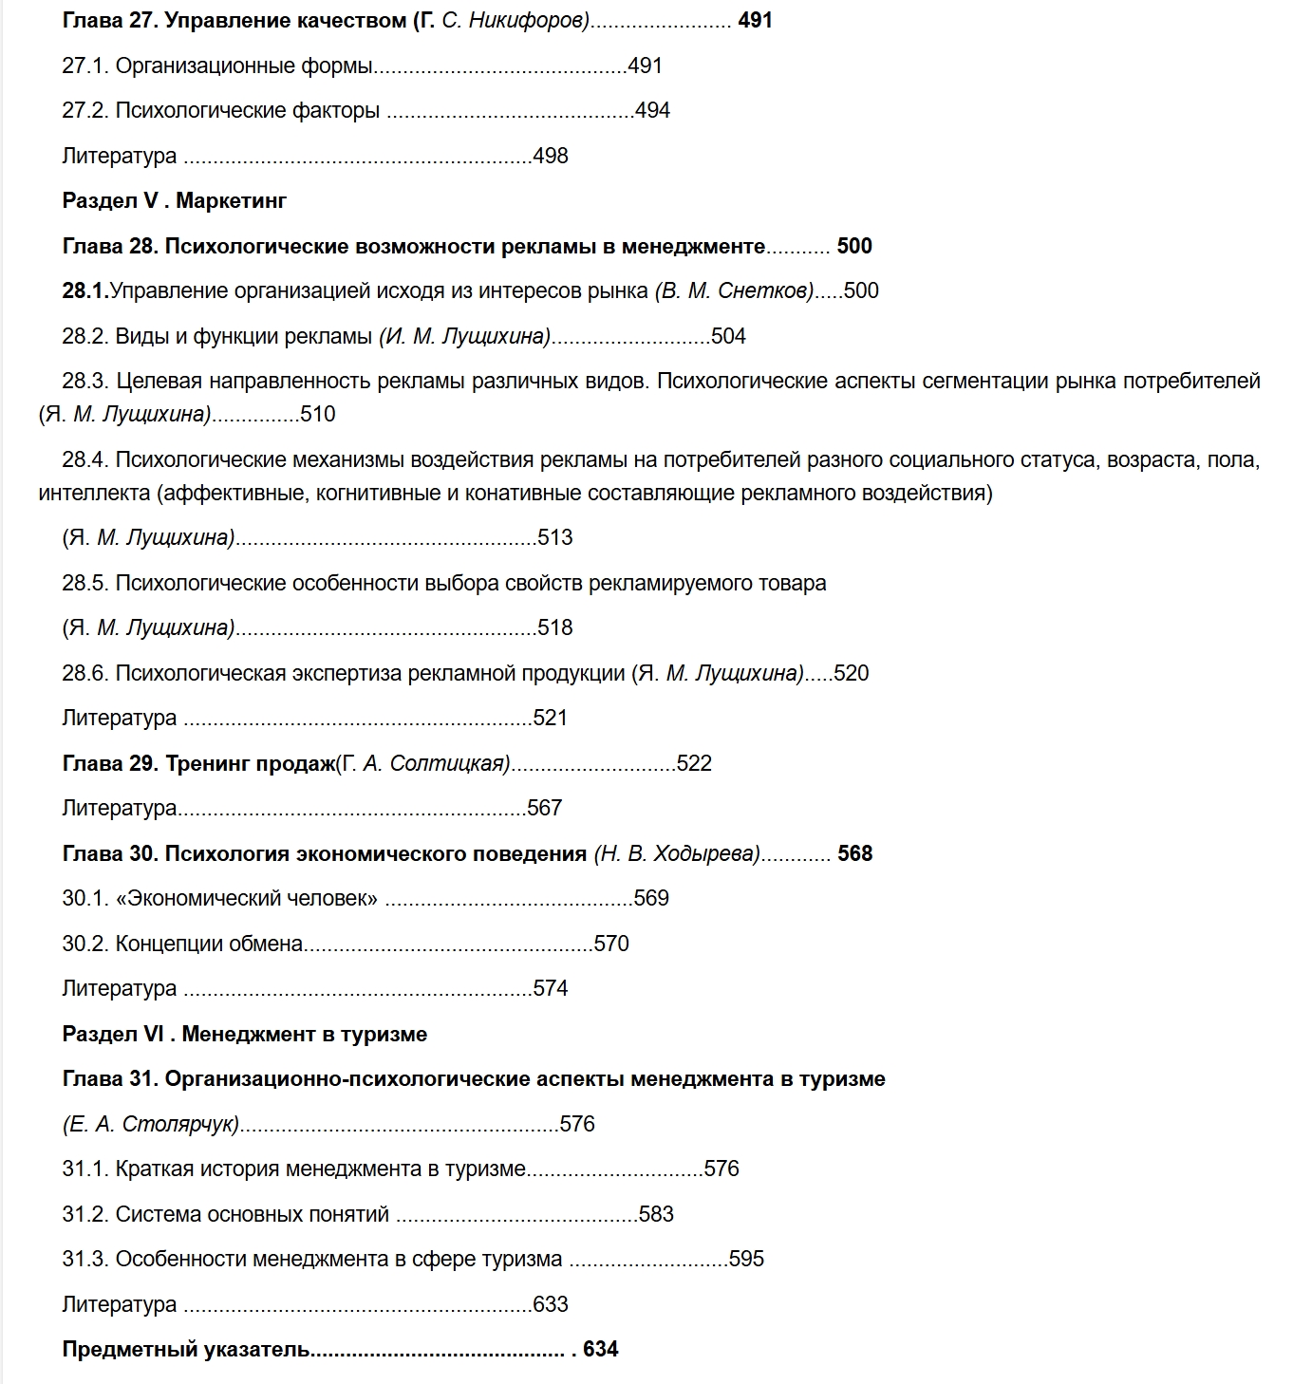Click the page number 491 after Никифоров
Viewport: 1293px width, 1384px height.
[755, 20]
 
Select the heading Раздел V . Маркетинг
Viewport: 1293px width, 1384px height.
[174, 200]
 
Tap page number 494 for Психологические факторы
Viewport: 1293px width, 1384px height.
[652, 110]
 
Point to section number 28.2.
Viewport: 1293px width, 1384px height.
[85, 336]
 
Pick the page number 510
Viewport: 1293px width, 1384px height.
[318, 414]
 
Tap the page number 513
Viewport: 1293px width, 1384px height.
[555, 537]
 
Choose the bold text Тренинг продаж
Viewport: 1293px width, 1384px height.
[250, 763]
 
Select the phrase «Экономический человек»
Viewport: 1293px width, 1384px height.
[247, 898]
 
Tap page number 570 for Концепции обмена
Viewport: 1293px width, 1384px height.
[611, 944]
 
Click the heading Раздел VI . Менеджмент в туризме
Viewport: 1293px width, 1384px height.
[244, 1034]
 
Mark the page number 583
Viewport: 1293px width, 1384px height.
[656, 1214]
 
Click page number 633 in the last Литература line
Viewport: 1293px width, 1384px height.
[551, 1304]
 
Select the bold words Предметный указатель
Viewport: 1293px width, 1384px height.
[186, 1349]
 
